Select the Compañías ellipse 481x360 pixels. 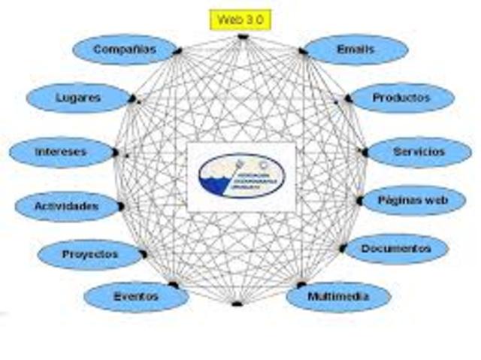click(125, 50)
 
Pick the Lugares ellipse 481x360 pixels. click(78, 98)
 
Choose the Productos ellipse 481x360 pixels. click(402, 98)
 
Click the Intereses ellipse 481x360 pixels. click(61, 152)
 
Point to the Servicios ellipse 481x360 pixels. click(419, 152)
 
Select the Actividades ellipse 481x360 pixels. click(67, 205)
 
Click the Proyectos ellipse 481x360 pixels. click(90, 255)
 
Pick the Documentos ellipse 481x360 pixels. click(396, 249)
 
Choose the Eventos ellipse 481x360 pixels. click(136, 297)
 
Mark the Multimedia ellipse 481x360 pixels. click(339, 297)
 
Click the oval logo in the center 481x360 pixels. click(242, 177)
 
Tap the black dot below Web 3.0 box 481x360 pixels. click(242, 36)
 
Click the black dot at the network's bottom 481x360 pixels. click(237, 304)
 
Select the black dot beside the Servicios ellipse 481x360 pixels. click(365, 153)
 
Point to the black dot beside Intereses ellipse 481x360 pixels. click(115, 153)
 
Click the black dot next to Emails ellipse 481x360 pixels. click(302, 51)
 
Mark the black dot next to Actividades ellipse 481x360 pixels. click(120, 206)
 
